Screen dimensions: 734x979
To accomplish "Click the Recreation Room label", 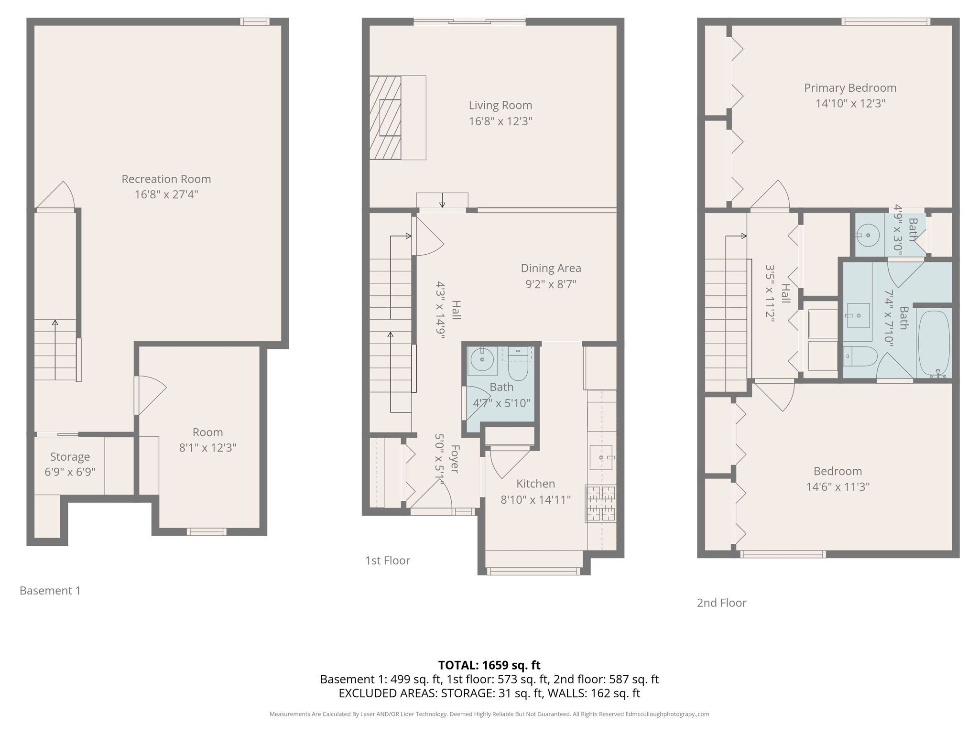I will click(x=166, y=179).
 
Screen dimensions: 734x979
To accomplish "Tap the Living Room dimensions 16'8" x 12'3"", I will click(x=500, y=121).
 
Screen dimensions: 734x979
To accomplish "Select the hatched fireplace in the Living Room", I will click(x=385, y=118).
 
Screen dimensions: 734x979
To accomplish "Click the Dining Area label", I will click(x=551, y=268).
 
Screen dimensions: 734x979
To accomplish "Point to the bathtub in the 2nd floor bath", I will click(x=933, y=344).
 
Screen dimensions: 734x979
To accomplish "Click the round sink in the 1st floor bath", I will click(x=482, y=359).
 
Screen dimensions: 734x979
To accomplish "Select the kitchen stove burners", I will click(x=601, y=503).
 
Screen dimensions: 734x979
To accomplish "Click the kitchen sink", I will click(x=600, y=457).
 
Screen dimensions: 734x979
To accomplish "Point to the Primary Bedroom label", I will click(x=850, y=88).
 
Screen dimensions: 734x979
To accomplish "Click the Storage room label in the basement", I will click(x=70, y=457).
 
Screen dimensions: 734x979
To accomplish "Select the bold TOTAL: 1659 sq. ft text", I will click(x=489, y=665).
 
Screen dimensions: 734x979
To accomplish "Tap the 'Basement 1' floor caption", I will click(x=50, y=591).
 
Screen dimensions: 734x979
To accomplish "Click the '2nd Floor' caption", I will click(x=721, y=603).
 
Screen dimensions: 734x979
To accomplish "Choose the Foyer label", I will click(x=455, y=459).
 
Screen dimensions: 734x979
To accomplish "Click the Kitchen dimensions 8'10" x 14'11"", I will click(x=535, y=500).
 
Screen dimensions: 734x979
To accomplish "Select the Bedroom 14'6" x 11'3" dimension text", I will click(x=838, y=487).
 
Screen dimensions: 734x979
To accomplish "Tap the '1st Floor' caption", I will click(x=387, y=561).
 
